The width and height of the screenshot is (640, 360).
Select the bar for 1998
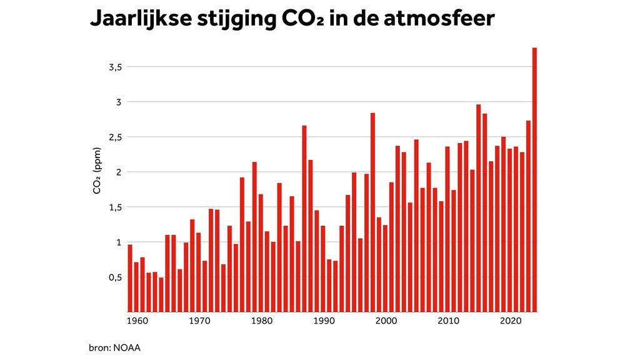tap(372, 212)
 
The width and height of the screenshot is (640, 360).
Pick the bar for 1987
tap(304, 219)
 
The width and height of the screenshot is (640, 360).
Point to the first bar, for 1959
tap(130, 278)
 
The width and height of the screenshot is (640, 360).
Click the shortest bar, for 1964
tap(161, 294)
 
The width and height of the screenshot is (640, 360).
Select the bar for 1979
tap(254, 237)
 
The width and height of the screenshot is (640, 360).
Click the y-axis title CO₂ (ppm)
tap(97, 171)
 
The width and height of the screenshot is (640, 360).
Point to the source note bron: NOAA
tap(115, 347)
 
